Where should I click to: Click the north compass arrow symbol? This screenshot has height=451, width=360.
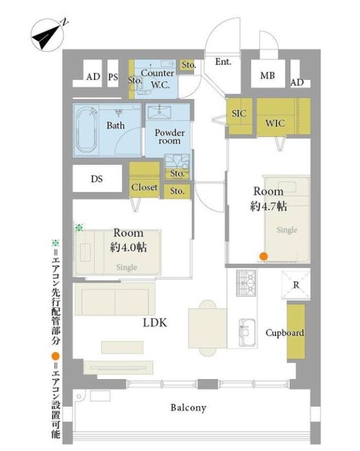click(47, 35)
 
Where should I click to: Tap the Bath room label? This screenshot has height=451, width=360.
click(115, 126)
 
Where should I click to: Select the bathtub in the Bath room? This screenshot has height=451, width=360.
click(86, 131)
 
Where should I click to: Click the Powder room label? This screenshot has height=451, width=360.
click(170, 137)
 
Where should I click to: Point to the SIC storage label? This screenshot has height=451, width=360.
click(239, 113)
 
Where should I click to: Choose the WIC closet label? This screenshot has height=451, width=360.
click(275, 123)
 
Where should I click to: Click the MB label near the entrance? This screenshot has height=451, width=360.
click(267, 75)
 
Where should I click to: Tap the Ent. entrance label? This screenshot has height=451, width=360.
click(223, 62)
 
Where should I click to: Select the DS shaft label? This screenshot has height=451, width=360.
click(97, 179)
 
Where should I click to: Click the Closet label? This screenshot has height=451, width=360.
click(144, 187)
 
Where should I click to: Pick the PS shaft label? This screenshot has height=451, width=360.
click(113, 77)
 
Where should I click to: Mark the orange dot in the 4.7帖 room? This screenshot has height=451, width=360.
click(264, 256)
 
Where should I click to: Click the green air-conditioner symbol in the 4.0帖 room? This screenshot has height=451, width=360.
click(79, 227)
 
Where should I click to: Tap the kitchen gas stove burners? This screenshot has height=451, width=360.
click(246, 283)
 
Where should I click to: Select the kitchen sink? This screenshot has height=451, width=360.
click(247, 332)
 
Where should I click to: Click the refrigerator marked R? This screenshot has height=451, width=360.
click(296, 285)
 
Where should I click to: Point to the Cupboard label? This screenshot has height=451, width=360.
click(285, 333)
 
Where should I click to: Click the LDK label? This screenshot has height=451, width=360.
click(155, 323)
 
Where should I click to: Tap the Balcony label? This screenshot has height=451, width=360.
click(188, 408)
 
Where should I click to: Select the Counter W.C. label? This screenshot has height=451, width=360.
click(157, 79)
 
